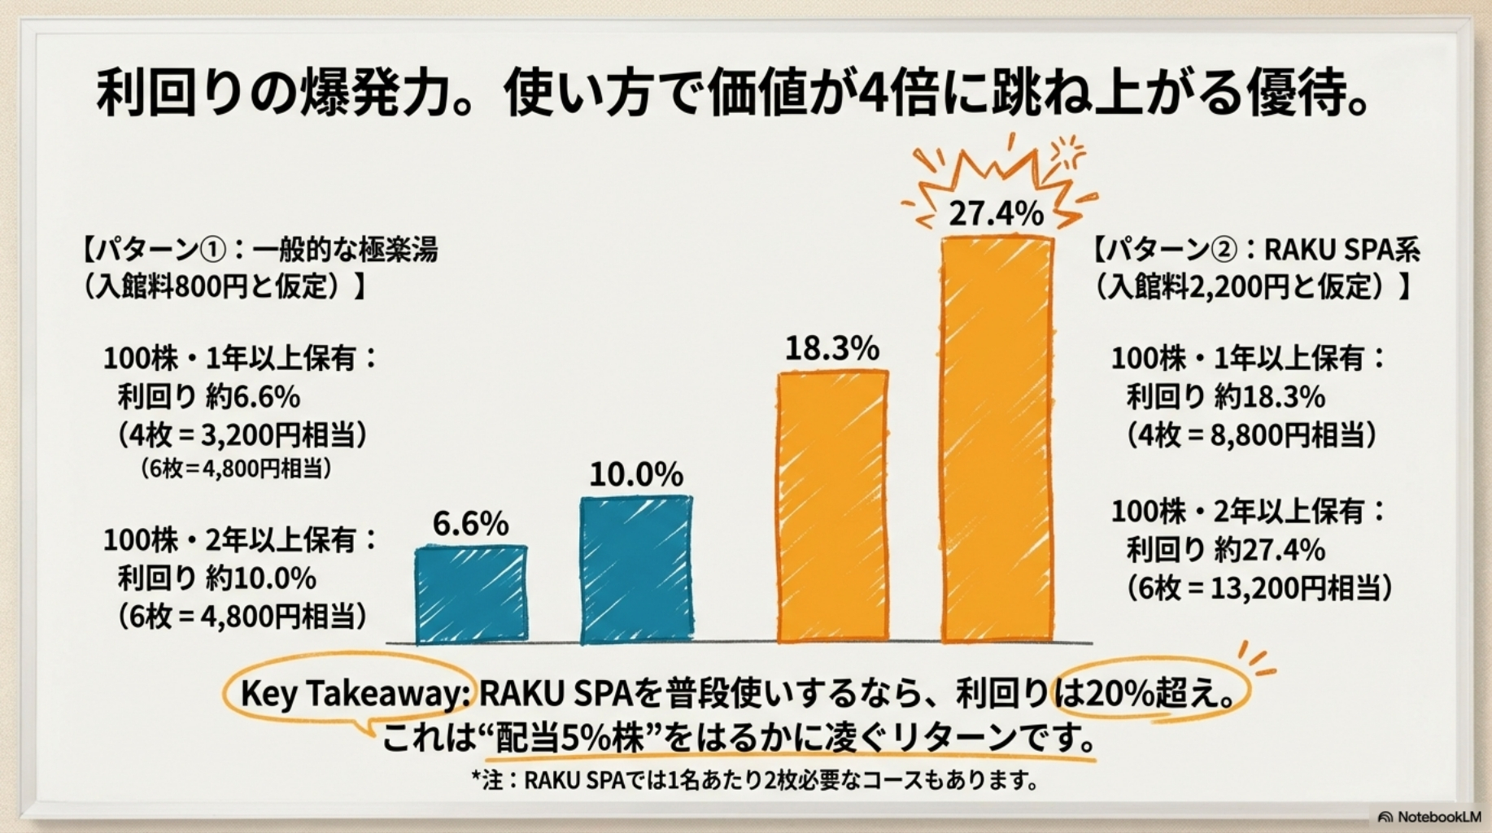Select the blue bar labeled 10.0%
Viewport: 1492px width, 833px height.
click(636, 569)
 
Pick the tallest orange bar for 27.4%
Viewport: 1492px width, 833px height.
click(997, 439)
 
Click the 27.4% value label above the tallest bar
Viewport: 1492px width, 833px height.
click(996, 213)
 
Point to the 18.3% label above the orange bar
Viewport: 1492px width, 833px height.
click(831, 348)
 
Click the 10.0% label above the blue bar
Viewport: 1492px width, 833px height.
click(636, 474)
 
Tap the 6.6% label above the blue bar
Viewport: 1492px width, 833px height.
click(470, 523)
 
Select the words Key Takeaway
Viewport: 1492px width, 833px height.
click(351, 694)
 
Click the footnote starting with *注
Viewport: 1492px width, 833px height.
click(755, 781)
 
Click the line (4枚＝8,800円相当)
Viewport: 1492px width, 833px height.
click(1251, 435)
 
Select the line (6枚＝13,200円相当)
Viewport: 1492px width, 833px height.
click(1259, 587)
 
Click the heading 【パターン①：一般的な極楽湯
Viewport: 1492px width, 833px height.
click(260, 249)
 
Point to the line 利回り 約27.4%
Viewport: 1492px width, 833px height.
click(1225, 550)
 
